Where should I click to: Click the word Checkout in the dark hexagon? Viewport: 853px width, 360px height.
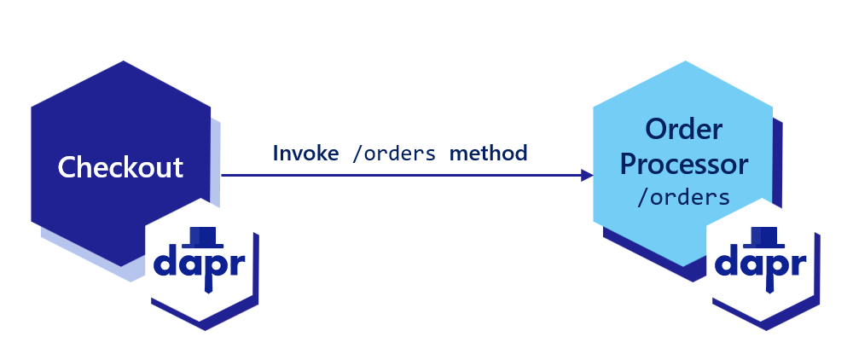pyautogui.click(x=120, y=166)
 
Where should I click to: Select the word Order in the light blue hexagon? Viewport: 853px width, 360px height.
pyautogui.click(x=683, y=130)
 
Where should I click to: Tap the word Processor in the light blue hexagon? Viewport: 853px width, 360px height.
pyautogui.click(x=683, y=164)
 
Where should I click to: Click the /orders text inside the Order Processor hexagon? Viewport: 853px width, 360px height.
pyautogui.click(x=683, y=196)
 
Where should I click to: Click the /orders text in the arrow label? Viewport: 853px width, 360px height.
pyautogui.click(x=394, y=154)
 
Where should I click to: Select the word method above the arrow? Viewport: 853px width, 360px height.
pyautogui.click(x=489, y=154)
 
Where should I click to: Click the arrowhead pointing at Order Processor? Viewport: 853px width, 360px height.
pyautogui.click(x=587, y=175)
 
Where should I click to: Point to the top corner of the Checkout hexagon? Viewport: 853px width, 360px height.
pyautogui.click(x=121, y=61)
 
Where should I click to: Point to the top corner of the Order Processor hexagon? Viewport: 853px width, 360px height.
pyautogui.click(x=683, y=61)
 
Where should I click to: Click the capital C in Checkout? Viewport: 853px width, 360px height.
pyautogui.click(x=67, y=167)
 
